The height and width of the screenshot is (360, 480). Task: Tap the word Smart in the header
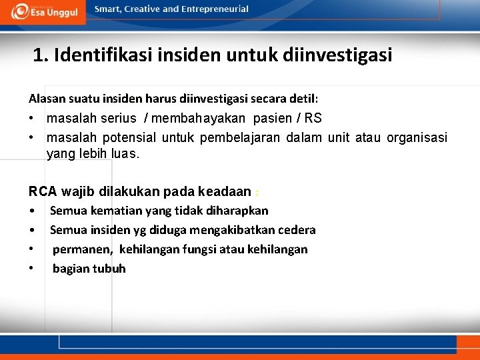coord(108,9)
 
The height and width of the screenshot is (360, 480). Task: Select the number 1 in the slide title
coord(39,55)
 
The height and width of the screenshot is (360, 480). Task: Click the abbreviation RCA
coord(42,192)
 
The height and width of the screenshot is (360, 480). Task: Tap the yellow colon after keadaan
coord(258,193)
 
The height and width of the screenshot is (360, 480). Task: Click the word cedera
coord(299,230)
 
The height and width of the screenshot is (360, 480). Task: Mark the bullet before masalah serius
coord(31,119)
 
